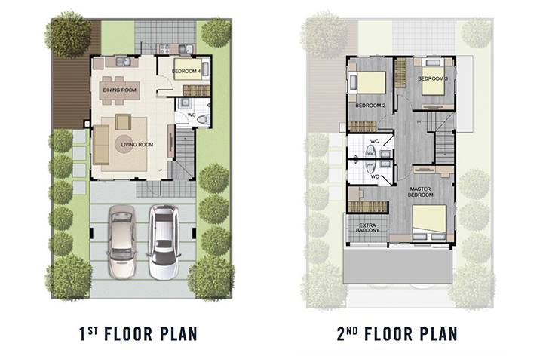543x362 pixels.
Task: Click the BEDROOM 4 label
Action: pyautogui.click(x=186, y=71)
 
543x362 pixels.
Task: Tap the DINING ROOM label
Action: pyautogui.click(x=120, y=90)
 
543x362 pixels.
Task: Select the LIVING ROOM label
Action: pyautogui.click(x=137, y=144)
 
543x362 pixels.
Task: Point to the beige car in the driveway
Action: pyautogui.click(x=121, y=242)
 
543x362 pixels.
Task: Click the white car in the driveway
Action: pyautogui.click(x=165, y=242)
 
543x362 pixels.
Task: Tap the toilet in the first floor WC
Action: pyautogui.click(x=203, y=119)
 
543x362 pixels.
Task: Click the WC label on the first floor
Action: pyautogui.click(x=192, y=115)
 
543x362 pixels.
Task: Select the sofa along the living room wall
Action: pyautogui.click(x=101, y=145)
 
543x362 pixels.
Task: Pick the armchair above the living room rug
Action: pyautogui.click(x=123, y=122)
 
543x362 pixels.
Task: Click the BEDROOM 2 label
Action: pyautogui.click(x=370, y=106)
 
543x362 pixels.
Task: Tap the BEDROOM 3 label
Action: pyautogui.click(x=433, y=78)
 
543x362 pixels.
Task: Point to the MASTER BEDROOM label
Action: pyautogui.click(x=420, y=192)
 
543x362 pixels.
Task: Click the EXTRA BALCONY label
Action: pyautogui.click(x=367, y=228)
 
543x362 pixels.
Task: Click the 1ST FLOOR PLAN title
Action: pyautogui.click(x=139, y=334)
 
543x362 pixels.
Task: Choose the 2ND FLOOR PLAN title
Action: pyautogui.click(x=397, y=334)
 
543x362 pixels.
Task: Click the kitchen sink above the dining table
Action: pyautogui.click(x=123, y=62)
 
